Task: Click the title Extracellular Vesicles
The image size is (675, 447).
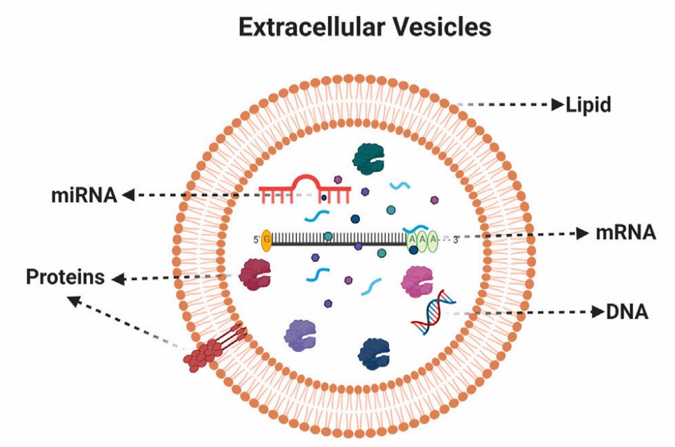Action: (x=364, y=27)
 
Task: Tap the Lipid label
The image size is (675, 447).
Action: (x=588, y=105)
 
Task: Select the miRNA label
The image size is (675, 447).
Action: (x=83, y=195)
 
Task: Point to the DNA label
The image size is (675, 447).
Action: (x=626, y=312)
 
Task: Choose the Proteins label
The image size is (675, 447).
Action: (x=65, y=277)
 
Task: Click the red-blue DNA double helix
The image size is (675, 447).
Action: (x=433, y=312)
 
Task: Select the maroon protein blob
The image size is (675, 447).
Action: (x=255, y=274)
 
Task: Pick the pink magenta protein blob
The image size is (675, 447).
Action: (x=417, y=281)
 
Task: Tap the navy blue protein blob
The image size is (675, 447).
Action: (x=376, y=353)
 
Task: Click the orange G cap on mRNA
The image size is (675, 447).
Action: (x=266, y=240)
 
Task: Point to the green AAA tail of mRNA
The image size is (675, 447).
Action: (x=422, y=240)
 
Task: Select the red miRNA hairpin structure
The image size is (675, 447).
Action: (x=305, y=189)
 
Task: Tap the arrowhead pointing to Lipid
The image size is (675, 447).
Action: (x=558, y=105)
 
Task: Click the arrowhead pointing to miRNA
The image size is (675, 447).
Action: (x=128, y=196)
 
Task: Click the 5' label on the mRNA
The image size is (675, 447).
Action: (x=255, y=240)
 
